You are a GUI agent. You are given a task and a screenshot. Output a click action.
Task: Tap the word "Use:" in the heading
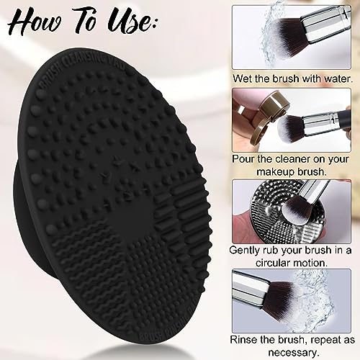tap(130, 22)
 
